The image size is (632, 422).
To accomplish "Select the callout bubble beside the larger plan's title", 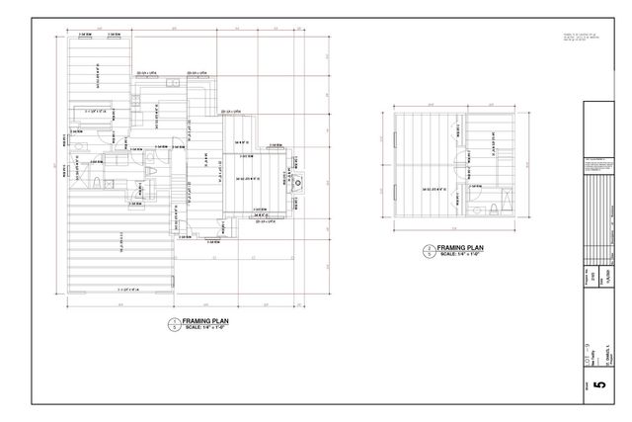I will coord(175,324).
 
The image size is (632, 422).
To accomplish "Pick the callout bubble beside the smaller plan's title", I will coord(426,251).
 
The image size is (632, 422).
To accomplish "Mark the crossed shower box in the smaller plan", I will coord(504,202).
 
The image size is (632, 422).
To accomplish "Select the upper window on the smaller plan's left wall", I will coord(395,137).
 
